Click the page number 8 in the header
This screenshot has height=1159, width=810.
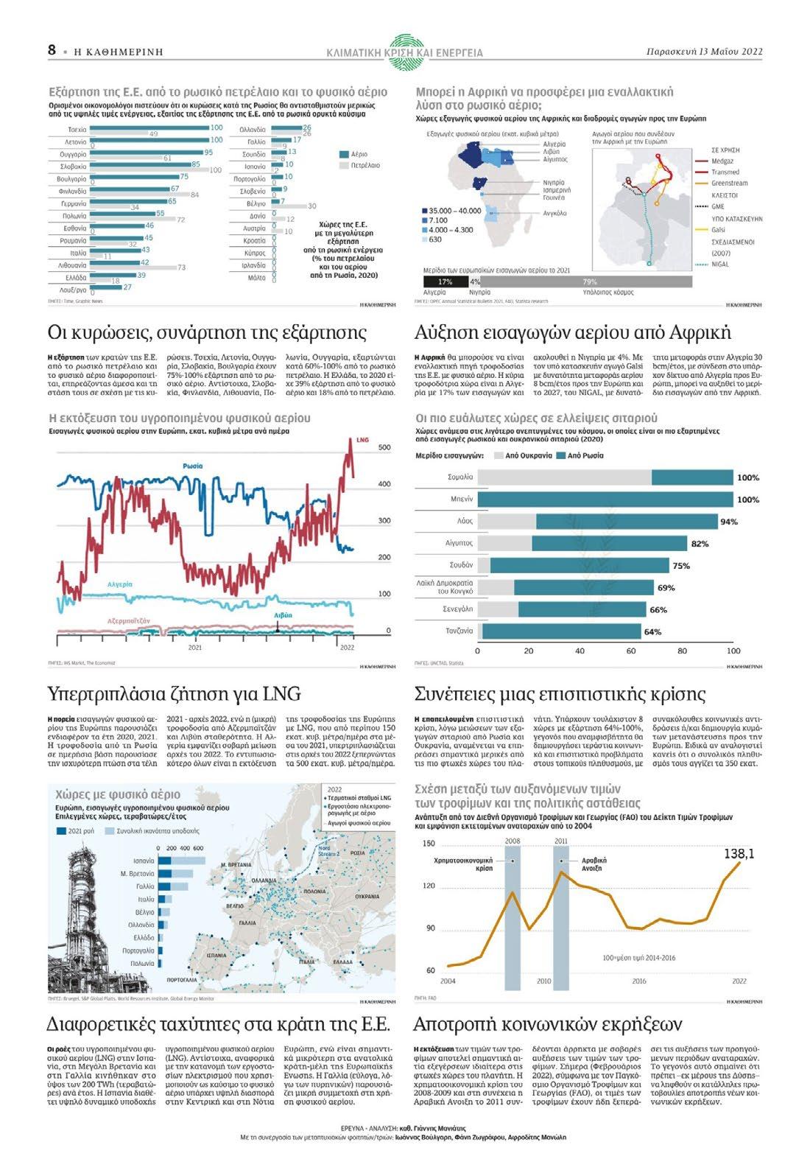coord(52,50)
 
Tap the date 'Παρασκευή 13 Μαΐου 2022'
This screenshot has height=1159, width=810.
coord(704,52)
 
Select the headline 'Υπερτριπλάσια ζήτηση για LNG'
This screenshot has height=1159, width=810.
coord(174,694)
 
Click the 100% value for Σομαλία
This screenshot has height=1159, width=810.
coord(747,477)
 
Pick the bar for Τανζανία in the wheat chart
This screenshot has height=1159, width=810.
coord(560,631)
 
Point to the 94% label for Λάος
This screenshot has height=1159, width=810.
coord(728,522)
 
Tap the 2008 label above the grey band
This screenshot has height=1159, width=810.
coord(513,841)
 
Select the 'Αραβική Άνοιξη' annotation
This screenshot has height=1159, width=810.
coord(594,864)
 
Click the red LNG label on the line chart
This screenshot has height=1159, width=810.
coord(362,440)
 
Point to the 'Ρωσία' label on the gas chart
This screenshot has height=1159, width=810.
coord(193,466)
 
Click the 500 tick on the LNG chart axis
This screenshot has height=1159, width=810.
coord(384,447)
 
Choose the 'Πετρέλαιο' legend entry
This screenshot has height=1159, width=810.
coord(365,166)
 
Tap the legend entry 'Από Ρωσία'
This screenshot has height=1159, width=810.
coord(585,455)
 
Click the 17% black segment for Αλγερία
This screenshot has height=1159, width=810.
coord(445,281)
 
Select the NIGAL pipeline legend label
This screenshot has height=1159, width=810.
coord(720,264)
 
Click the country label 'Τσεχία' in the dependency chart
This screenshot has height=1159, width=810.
coord(77,129)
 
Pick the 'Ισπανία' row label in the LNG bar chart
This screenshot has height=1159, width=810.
coord(144,861)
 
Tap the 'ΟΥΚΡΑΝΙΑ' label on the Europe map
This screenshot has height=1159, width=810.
coord(366,897)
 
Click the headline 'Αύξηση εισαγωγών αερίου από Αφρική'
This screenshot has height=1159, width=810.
coord(572,332)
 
